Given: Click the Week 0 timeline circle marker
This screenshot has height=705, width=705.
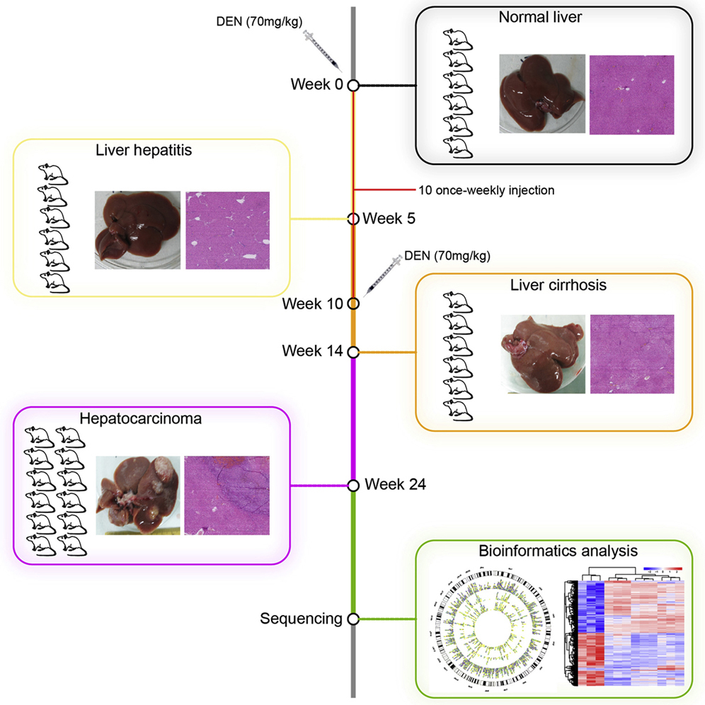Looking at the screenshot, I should tap(353, 85).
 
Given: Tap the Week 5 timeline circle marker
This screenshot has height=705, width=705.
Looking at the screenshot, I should tap(353, 219).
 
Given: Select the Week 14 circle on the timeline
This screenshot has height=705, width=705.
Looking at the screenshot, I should tap(353, 350).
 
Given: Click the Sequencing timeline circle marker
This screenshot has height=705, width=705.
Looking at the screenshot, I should tap(353, 619).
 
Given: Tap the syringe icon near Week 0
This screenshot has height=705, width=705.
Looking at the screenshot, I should tap(321, 50).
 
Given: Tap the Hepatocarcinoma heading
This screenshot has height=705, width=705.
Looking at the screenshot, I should tap(151, 418).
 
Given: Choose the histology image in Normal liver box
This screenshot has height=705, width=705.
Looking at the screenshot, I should tap(631, 94).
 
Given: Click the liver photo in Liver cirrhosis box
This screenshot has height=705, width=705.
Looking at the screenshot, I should tap(542, 354).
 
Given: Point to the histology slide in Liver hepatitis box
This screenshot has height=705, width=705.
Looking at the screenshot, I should tap(227, 230).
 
